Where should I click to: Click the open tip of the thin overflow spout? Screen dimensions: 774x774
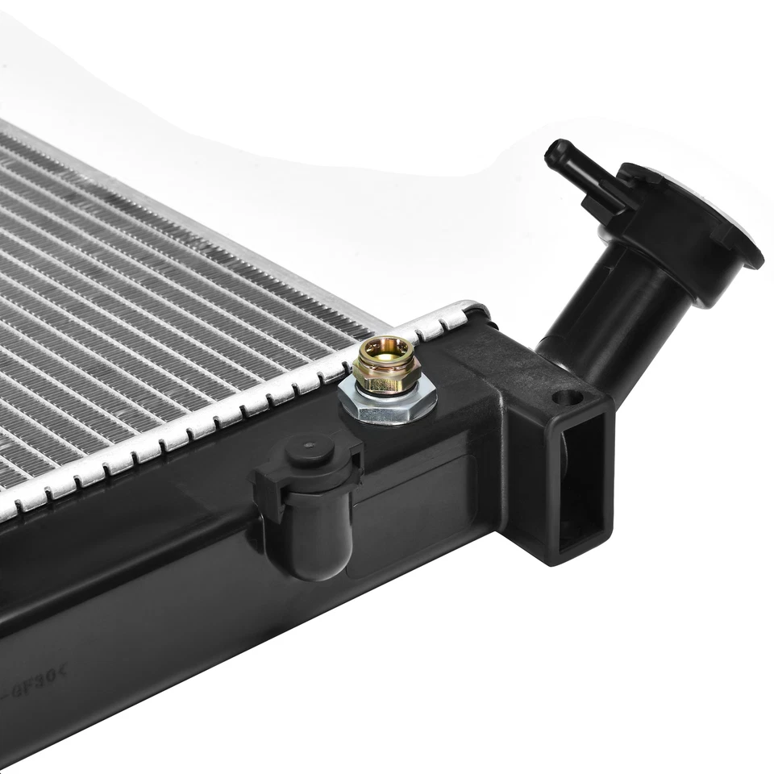pyautogui.click(x=554, y=153)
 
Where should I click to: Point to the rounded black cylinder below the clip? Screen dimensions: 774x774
pyautogui.click(x=313, y=536)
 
